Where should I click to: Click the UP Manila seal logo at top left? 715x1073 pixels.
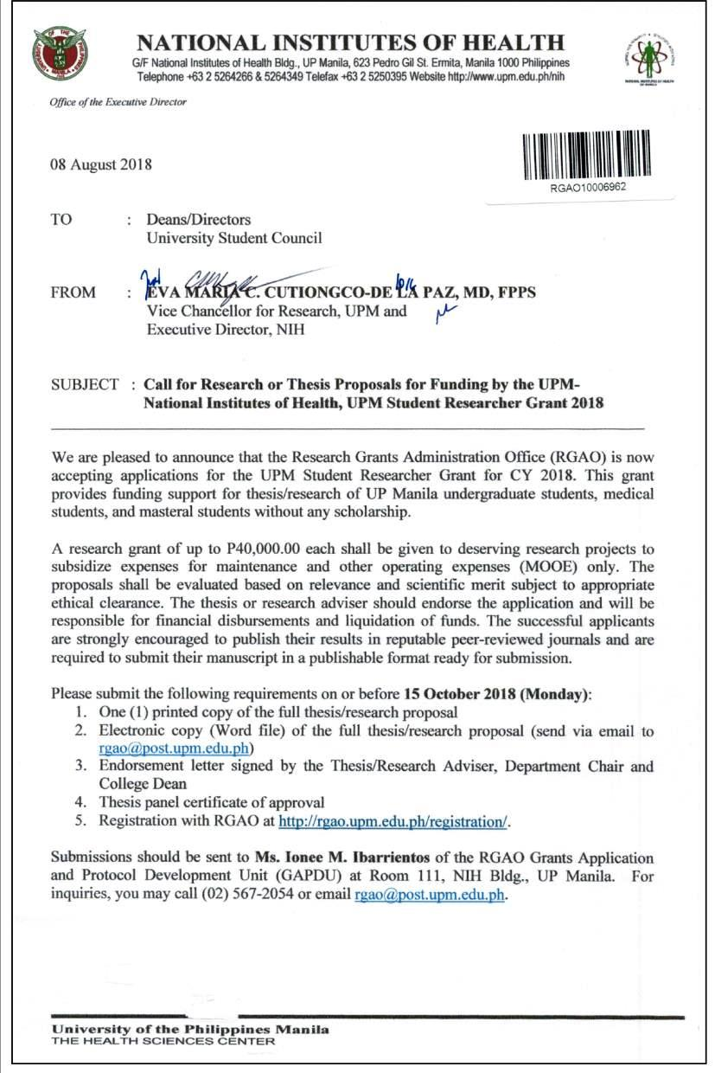[60, 54]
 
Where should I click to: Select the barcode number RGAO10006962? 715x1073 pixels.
[589, 187]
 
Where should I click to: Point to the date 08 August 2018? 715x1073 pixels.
[100, 164]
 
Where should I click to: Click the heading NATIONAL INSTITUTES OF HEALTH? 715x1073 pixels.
[351, 42]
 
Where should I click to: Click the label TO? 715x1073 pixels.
[61, 220]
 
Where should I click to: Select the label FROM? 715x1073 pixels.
[73, 292]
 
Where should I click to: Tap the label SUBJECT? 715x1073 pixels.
[85, 384]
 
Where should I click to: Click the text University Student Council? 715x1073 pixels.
[234, 237]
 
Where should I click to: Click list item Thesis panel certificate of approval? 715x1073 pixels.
[212, 801]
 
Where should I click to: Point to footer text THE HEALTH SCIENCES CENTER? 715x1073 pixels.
[163, 1041]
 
